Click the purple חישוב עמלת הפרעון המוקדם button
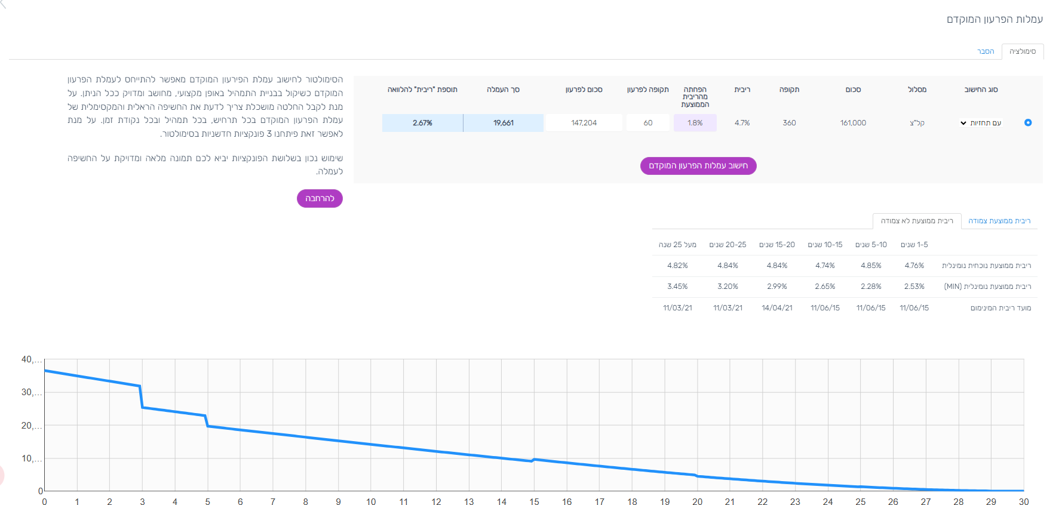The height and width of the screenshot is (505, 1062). click(x=698, y=166)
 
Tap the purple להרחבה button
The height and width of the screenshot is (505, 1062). click(x=320, y=198)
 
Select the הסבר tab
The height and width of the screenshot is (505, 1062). click(x=985, y=51)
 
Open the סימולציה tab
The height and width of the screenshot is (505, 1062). click(x=1022, y=51)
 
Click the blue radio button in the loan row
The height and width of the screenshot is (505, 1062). click(x=1027, y=122)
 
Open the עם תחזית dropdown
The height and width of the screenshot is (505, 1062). click(x=980, y=123)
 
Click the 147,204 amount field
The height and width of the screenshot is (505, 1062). click(x=584, y=123)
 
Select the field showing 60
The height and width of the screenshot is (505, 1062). click(x=647, y=123)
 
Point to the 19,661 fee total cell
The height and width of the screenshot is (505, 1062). click(x=503, y=123)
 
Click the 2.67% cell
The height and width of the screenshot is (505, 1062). click(x=422, y=123)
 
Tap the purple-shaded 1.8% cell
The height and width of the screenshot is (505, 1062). click(x=695, y=123)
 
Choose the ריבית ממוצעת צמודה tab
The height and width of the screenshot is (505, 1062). click(x=999, y=221)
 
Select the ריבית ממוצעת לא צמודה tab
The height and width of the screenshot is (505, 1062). click(x=917, y=221)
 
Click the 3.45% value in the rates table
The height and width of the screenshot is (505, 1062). click(x=677, y=287)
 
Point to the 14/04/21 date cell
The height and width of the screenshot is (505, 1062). click(x=776, y=308)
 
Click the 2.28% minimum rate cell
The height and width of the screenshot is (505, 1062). click(x=871, y=287)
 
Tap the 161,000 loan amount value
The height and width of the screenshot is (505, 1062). click(x=852, y=123)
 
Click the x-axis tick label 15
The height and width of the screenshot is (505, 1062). click(x=534, y=501)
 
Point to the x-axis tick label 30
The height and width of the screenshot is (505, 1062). click(x=1023, y=501)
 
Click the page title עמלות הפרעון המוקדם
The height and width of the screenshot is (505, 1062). click(x=995, y=19)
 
